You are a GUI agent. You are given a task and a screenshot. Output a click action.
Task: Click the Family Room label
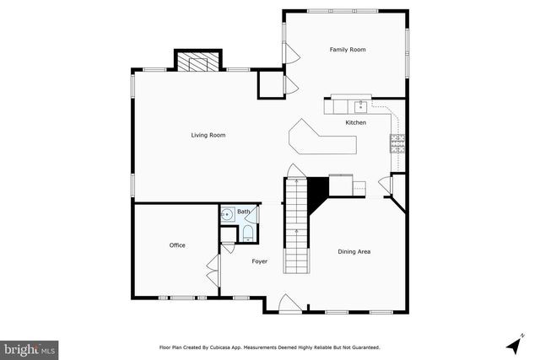[x=348, y=51]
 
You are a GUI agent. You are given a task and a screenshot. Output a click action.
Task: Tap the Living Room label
[x=208, y=135]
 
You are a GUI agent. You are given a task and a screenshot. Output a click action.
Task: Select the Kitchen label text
[x=356, y=123]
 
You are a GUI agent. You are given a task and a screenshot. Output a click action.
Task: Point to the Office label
[x=177, y=245]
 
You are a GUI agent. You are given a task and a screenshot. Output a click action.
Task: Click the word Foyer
[x=260, y=261]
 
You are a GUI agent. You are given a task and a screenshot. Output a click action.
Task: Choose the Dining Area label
[x=354, y=251]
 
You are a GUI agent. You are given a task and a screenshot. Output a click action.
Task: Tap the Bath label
[x=243, y=212]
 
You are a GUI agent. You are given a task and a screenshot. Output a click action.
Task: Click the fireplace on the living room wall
[x=197, y=62]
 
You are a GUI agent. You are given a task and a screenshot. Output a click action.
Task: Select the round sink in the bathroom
[x=227, y=216]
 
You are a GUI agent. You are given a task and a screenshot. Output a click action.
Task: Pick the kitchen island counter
[x=321, y=140]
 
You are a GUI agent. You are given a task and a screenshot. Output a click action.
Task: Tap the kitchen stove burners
[x=397, y=142]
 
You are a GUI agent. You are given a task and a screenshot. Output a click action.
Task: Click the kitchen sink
[x=360, y=106]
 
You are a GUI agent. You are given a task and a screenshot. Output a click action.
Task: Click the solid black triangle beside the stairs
[x=317, y=193]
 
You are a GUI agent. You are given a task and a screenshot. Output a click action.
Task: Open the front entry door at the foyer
[x=287, y=304]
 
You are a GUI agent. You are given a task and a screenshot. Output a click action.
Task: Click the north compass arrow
[x=511, y=344]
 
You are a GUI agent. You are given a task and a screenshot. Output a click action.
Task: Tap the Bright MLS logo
[x=30, y=347]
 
